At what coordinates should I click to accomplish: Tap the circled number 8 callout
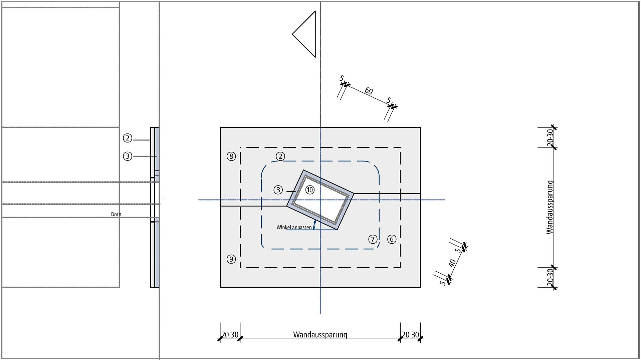tap(231, 156)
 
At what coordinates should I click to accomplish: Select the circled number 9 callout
tap(231, 259)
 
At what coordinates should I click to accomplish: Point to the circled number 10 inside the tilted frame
tap(310, 190)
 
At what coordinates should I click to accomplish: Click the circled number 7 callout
tap(373, 239)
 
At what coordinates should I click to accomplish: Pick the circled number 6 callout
tap(392, 239)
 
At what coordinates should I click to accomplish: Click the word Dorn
tap(116, 214)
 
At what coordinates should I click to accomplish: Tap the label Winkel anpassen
tap(294, 227)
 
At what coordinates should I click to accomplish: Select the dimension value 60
tap(369, 91)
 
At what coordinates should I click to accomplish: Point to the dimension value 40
tap(452, 263)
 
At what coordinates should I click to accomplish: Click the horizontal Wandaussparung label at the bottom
tap(320, 334)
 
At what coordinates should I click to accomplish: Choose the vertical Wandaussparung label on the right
tap(550, 207)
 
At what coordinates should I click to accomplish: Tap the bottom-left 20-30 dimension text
tap(230, 334)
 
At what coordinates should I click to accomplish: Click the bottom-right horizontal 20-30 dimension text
tap(410, 334)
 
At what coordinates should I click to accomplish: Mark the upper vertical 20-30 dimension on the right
tap(550, 137)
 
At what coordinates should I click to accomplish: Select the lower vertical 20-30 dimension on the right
tap(550, 277)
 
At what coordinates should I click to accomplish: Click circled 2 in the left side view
tap(128, 138)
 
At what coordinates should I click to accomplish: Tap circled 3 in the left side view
tap(128, 156)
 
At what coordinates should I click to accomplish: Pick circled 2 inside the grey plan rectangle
tap(280, 156)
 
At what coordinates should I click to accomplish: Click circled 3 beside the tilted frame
tap(278, 190)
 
